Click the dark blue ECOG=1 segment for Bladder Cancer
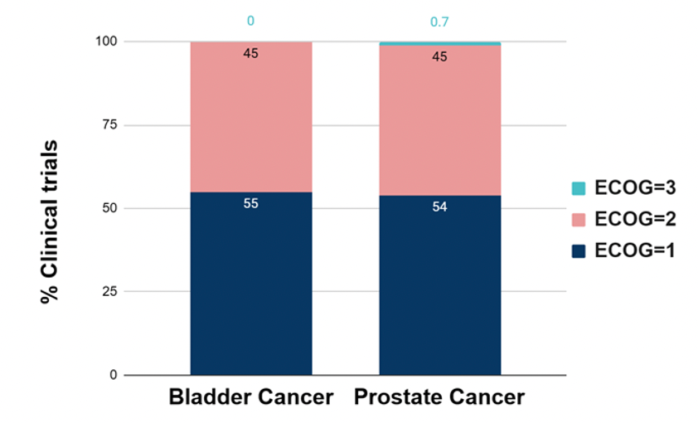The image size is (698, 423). [251, 284]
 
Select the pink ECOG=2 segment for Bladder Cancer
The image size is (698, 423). [251, 117]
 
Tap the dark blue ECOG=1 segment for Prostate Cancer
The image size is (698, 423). [440, 285]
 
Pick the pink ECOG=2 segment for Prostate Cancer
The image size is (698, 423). [440, 120]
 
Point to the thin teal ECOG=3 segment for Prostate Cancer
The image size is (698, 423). [440, 44]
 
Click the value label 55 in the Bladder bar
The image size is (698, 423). [250, 203]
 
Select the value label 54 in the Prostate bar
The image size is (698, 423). [440, 207]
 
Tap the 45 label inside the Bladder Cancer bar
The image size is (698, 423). [250, 53]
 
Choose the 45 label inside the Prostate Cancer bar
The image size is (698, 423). [440, 56]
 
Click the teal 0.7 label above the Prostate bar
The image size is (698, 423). [439, 22]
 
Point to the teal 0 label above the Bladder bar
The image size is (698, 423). [250, 21]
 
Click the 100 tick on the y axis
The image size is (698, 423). [106, 41]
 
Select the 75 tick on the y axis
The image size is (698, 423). [109, 124]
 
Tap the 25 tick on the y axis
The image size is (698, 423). [109, 291]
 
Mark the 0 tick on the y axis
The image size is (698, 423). [114, 375]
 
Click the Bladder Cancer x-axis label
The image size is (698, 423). [251, 397]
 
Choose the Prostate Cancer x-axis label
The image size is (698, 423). [439, 397]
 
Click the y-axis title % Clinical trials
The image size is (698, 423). [49, 221]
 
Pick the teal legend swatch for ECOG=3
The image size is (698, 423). [579, 188]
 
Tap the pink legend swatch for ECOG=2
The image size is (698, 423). [579, 220]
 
